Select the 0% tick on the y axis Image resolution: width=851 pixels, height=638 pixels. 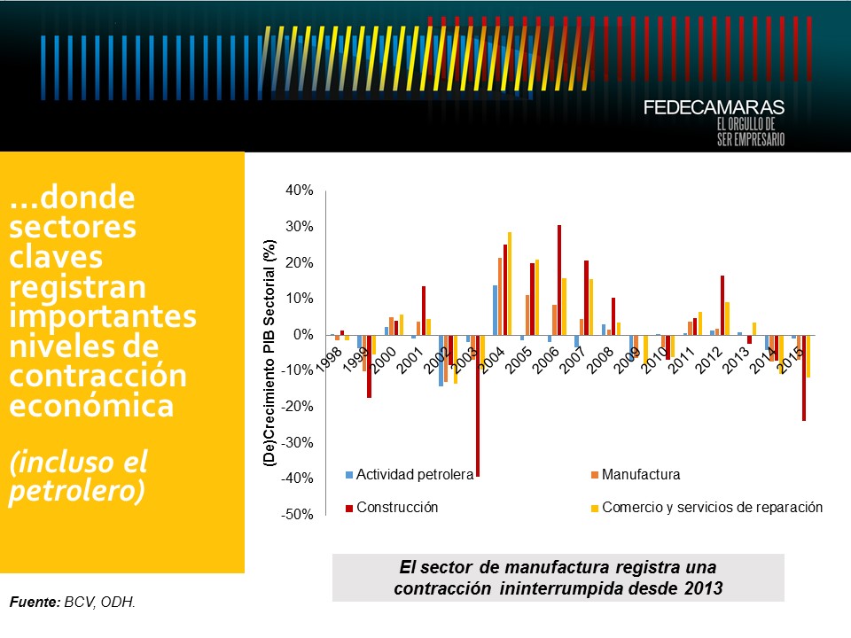click(304, 335)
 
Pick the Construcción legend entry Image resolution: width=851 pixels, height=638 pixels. click(398, 508)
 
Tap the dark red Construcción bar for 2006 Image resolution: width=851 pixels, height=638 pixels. click(559, 280)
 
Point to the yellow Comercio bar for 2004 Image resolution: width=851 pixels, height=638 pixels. click(511, 284)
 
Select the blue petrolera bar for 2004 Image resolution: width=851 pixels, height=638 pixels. click(495, 310)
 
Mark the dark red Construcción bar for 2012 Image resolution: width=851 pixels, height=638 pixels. click(722, 305)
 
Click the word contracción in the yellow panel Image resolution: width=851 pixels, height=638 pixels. click(98, 377)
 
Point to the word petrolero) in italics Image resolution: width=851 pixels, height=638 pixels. click(76, 491)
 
